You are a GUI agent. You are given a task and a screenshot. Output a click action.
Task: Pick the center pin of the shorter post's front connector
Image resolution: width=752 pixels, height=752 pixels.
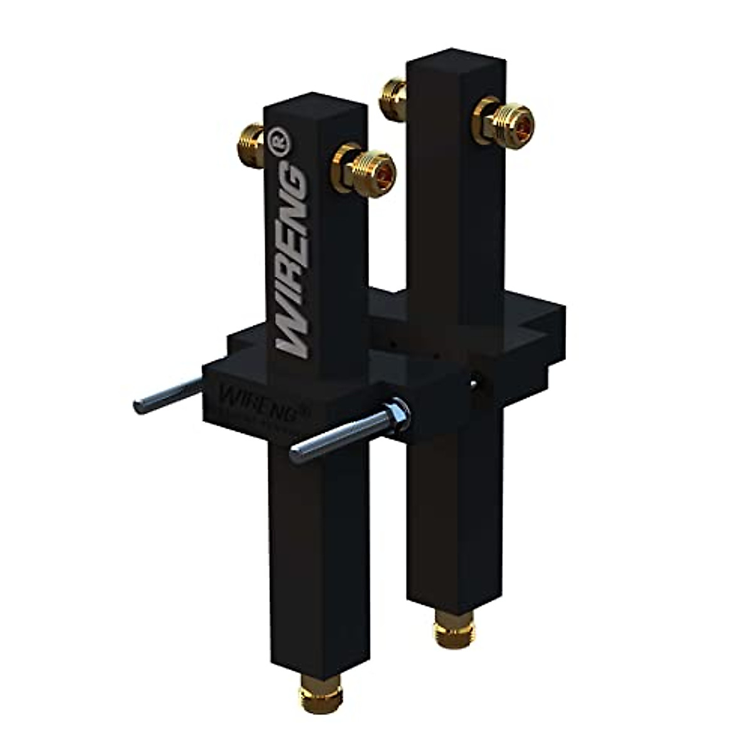click(379, 169)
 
